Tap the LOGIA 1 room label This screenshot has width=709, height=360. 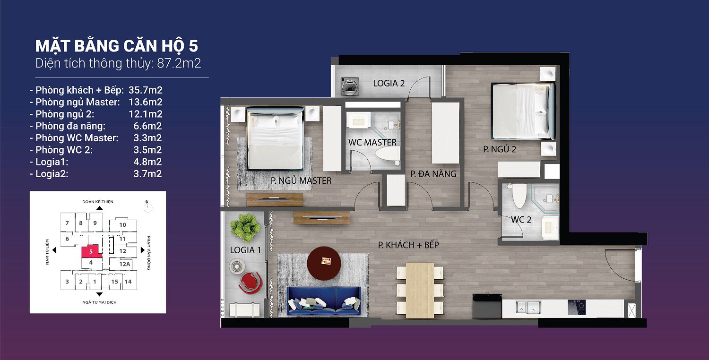245,250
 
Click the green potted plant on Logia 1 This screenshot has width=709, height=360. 245,228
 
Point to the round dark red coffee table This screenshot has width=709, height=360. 324,263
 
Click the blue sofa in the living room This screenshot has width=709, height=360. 324,301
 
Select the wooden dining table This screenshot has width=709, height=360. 420,290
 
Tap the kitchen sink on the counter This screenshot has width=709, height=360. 527,307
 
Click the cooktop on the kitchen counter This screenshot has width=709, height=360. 576,307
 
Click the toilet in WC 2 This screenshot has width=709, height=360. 519,196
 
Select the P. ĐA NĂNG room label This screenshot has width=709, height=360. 433,174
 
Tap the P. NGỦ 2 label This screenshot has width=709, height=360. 500,149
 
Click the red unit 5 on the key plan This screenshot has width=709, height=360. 91,252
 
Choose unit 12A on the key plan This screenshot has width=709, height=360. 125,264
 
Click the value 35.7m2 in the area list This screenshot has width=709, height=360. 145,90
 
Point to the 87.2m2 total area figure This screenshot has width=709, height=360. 179,63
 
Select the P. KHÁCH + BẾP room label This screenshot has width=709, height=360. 409,245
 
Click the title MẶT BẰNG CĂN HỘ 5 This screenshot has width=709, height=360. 116,46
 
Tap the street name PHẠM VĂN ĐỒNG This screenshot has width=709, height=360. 149,253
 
